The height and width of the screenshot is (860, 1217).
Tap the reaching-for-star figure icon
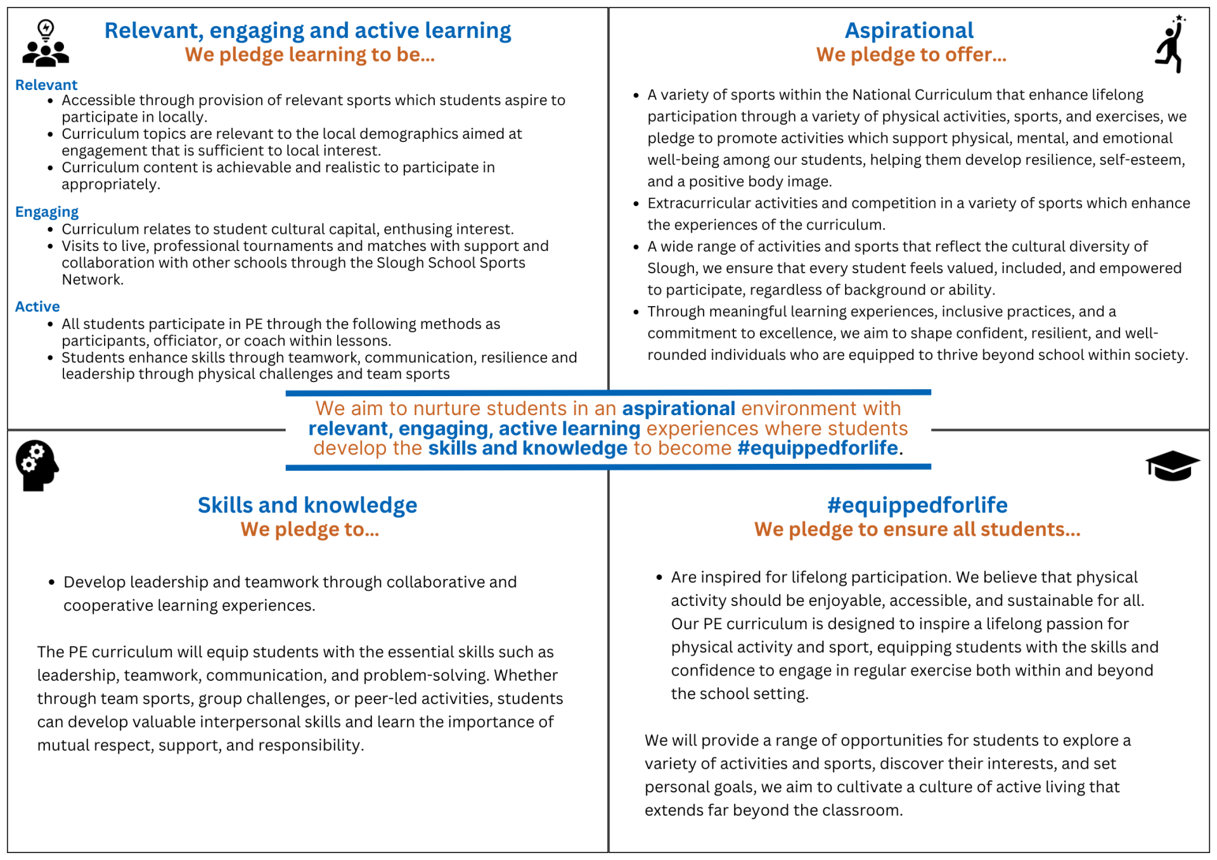(1170, 44)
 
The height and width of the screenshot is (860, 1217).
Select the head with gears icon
(37, 466)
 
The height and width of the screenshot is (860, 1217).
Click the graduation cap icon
(1172, 466)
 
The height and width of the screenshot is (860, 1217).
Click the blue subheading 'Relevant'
(46, 85)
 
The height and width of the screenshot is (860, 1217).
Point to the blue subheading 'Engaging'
(47, 212)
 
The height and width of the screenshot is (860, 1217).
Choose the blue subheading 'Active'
(37, 307)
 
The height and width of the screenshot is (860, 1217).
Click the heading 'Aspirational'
(909, 30)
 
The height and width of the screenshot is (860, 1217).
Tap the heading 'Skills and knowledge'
(307, 505)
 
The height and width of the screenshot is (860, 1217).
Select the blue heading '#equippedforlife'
(917, 505)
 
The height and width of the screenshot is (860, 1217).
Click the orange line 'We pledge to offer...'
(911, 55)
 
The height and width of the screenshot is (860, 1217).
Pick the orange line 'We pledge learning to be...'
(310, 55)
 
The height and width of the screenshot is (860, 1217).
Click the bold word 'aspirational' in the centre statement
(678, 409)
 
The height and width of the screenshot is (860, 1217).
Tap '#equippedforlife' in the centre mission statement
(818, 448)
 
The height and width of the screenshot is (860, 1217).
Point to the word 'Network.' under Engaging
(93, 279)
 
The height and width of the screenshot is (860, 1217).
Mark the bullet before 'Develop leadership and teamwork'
(52, 582)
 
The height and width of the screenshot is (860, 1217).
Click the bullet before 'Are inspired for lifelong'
(659, 577)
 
